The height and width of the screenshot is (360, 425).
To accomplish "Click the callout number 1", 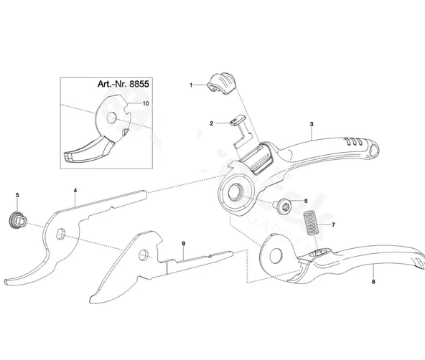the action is click(x=191, y=85).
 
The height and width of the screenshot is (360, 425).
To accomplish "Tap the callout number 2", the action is click(x=211, y=123).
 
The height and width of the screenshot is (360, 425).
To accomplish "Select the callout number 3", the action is click(x=312, y=124).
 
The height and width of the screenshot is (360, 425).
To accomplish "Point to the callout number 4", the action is click(x=75, y=191).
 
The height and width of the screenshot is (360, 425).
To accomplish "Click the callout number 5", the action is click(x=18, y=195).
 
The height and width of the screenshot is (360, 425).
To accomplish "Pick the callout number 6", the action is click(x=306, y=201).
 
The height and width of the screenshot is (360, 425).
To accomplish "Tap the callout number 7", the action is click(x=333, y=224).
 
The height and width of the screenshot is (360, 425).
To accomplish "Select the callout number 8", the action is click(x=373, y=282).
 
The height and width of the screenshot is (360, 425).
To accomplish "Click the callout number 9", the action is click(x=184, y=244).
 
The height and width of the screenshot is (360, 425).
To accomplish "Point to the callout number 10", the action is click(x=146, y=103).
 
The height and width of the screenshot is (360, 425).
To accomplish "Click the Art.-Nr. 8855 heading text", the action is click(x=123, y=84).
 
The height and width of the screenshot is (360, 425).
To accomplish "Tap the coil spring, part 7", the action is click(x=311, y=223).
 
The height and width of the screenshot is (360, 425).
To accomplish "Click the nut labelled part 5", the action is click(x=17, y=220).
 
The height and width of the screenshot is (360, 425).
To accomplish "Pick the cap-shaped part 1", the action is click(x=221, y=83).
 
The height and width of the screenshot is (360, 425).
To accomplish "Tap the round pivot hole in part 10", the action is click(x=111, y=118).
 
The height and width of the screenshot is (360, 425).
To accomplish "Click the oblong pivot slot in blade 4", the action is click(x=61, y=234).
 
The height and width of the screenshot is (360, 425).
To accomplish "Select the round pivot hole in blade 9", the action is click(x=144, y=255).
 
